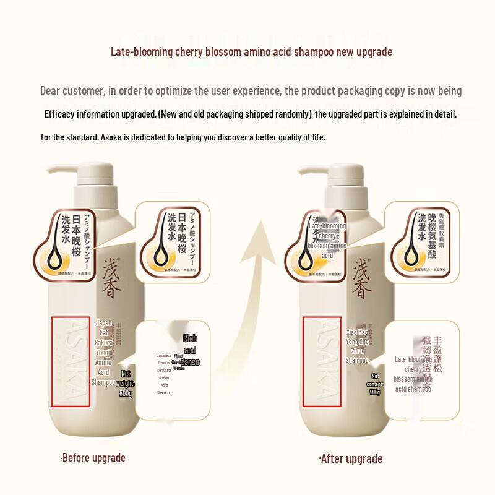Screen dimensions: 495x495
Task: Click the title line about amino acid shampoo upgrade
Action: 251,51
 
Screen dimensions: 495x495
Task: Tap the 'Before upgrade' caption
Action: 93,458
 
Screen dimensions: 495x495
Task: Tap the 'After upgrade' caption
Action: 350,458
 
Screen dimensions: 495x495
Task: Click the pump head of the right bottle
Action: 322,174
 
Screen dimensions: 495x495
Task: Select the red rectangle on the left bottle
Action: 71,362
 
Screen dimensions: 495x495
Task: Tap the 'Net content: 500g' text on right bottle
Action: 375,384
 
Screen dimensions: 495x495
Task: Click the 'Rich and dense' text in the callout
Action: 190,350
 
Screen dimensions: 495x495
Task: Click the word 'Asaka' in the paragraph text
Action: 112,137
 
